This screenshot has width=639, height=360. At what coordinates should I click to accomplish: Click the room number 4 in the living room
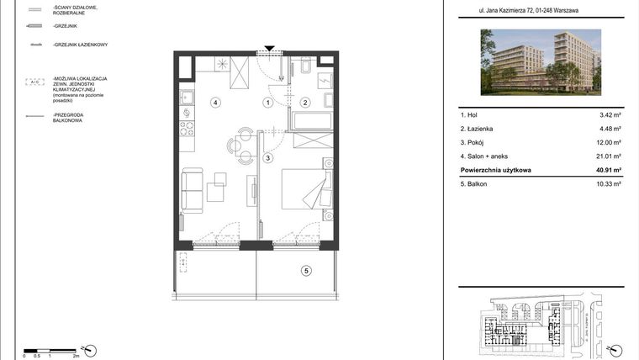[x=215, y=103]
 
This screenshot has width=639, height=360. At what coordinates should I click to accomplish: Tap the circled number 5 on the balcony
[x=306, y=270]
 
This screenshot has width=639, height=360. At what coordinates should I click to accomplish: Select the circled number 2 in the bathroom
[x=306, y=103]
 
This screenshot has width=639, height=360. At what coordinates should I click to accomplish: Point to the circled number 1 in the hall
[x=267, y=103]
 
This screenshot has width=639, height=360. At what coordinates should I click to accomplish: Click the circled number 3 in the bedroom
[x=267, y=157]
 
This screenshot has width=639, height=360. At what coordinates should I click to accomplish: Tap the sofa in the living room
[x=193, y=190]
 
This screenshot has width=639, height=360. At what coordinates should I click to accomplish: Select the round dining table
[x=244, y=144]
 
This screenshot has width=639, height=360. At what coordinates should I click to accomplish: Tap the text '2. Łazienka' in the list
[x=477, y=129]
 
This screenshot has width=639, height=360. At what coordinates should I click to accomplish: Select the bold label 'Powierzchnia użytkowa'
[x=495, y=169]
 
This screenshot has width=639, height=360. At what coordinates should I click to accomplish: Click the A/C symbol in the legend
[x=35, y=82]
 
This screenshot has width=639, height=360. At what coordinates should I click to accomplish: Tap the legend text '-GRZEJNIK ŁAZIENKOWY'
[x=79, y=45]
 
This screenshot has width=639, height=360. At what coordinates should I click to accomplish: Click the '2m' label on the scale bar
[x=75, y=356]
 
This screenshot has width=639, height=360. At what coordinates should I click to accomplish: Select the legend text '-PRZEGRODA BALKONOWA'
[x=70, y=116]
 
